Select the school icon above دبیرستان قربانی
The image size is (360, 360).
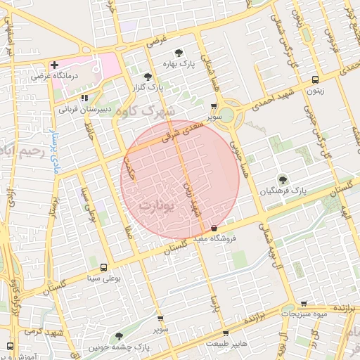(x=84, y=98)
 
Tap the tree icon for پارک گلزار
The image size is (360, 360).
(x=147, y=77)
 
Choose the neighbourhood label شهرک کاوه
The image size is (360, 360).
(x=148, y=111)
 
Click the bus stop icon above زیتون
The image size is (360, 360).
(x=315, y=79)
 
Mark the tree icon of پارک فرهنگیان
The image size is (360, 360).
(x=283, y=179)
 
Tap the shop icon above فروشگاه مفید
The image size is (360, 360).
(x=214, y=227)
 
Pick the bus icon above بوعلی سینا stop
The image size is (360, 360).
(x=104, y=267)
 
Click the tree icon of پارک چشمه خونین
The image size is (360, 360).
(x=117, y=336)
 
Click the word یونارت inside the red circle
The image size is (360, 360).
(x=155, y=206)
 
